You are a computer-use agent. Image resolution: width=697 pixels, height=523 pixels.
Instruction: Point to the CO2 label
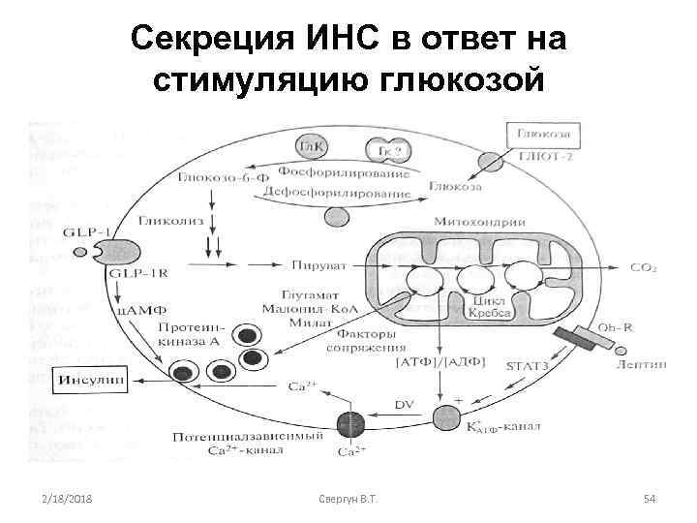643,267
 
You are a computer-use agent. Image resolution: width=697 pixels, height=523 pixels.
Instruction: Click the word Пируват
311,263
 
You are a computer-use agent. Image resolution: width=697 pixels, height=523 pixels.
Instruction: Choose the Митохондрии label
470,221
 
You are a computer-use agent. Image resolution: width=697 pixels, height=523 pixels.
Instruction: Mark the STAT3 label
528,364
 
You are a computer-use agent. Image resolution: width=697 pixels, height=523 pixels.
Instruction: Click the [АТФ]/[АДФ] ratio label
433,363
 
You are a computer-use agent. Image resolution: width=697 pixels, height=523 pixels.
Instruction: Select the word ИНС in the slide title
340,41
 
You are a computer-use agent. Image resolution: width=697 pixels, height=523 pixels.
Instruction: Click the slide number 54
650,498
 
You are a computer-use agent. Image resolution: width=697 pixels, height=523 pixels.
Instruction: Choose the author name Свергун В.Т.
348,498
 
